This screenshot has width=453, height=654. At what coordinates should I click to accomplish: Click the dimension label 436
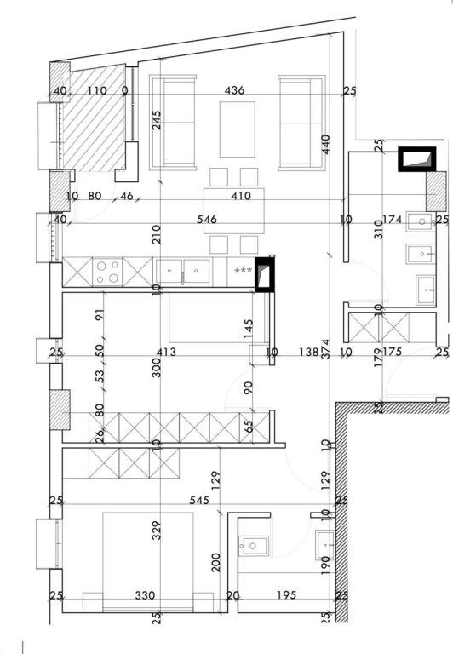coord(234,90)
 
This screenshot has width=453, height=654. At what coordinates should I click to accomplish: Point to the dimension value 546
coord(206,220)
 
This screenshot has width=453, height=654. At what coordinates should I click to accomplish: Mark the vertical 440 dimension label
coord(325,143)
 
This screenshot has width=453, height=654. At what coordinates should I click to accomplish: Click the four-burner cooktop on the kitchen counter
coord(107,272)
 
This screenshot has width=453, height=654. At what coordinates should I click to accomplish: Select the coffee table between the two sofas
coord(237,129)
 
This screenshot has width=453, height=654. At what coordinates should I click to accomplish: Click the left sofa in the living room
coord(173,122)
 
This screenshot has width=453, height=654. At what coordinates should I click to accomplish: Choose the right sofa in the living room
coord(301,122)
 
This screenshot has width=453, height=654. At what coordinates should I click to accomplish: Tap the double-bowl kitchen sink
coord(183,271)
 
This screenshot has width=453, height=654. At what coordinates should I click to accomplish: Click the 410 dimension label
coord(241,197)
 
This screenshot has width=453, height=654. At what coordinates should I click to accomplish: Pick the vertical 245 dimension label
coord(157,122)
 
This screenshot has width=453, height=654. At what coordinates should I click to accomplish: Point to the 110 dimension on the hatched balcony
coord(97,90)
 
